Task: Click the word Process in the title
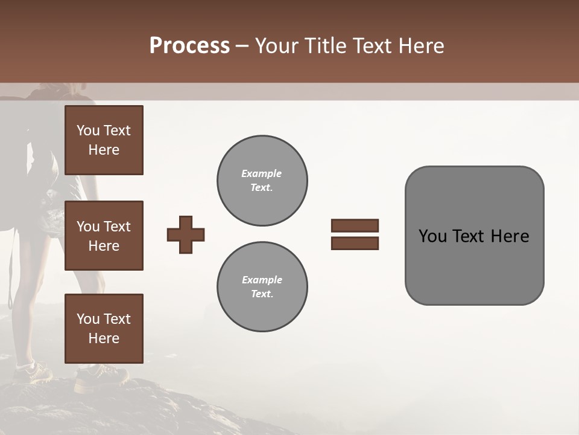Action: [189, 46]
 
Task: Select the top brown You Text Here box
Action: [104, 140]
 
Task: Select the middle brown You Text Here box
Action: [104, 236]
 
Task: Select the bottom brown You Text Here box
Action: [104, 329]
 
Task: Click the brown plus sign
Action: [186, 234]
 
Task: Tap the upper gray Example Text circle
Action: [262, 181]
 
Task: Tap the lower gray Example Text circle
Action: [262, 287]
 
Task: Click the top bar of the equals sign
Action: [355, 226]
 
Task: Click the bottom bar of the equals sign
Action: [355, 243]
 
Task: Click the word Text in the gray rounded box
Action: [469, 236]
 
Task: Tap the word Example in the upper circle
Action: [262, 174]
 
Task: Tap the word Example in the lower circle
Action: [262, 280]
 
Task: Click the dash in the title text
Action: [242, 47]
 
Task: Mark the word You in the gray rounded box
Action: [432, 236]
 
